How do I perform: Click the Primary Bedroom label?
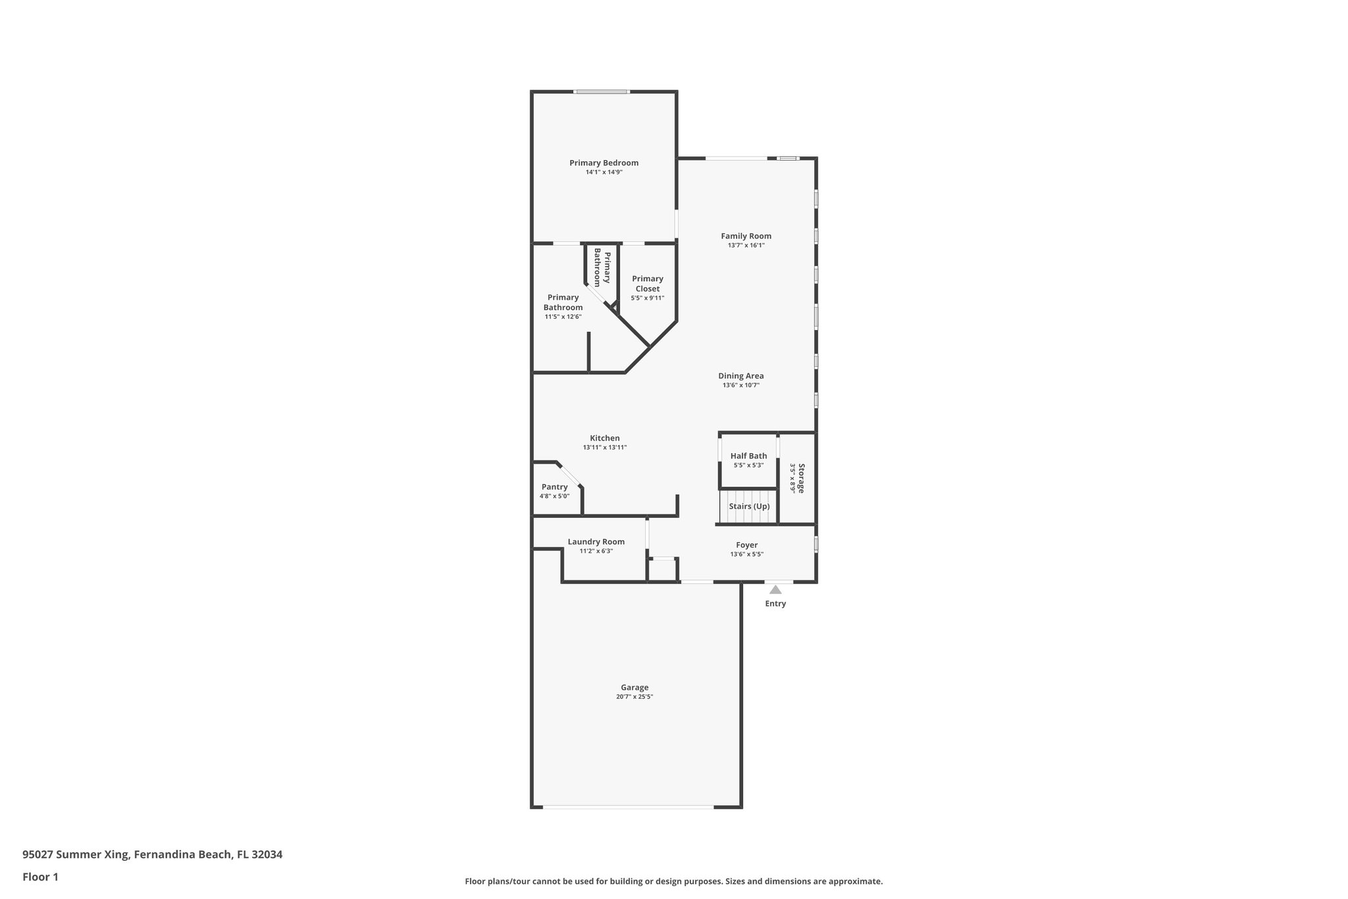coord(604,163)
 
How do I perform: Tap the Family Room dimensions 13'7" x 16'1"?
coord(746,246)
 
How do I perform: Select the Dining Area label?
coord(740,376)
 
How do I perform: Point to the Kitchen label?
coord(604,438)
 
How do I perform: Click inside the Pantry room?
coord(554,491)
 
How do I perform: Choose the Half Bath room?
coord(748,460)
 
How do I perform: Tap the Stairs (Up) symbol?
coord(748,506)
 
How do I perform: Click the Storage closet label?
coord(801,478)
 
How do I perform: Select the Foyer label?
coord(746,545)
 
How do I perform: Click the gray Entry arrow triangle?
coord(775,590)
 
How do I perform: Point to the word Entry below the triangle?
coord(775,604)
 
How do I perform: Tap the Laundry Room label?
coord(596,542)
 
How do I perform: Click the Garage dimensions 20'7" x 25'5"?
coord(635,697)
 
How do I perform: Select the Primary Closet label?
coord(647,284)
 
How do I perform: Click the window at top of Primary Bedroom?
coord(601,92)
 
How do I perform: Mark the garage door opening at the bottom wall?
coord(628,807)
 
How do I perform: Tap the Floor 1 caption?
coord(40,877)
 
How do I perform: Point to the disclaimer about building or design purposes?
coord(673,881)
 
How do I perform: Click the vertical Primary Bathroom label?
coord(602,267)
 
